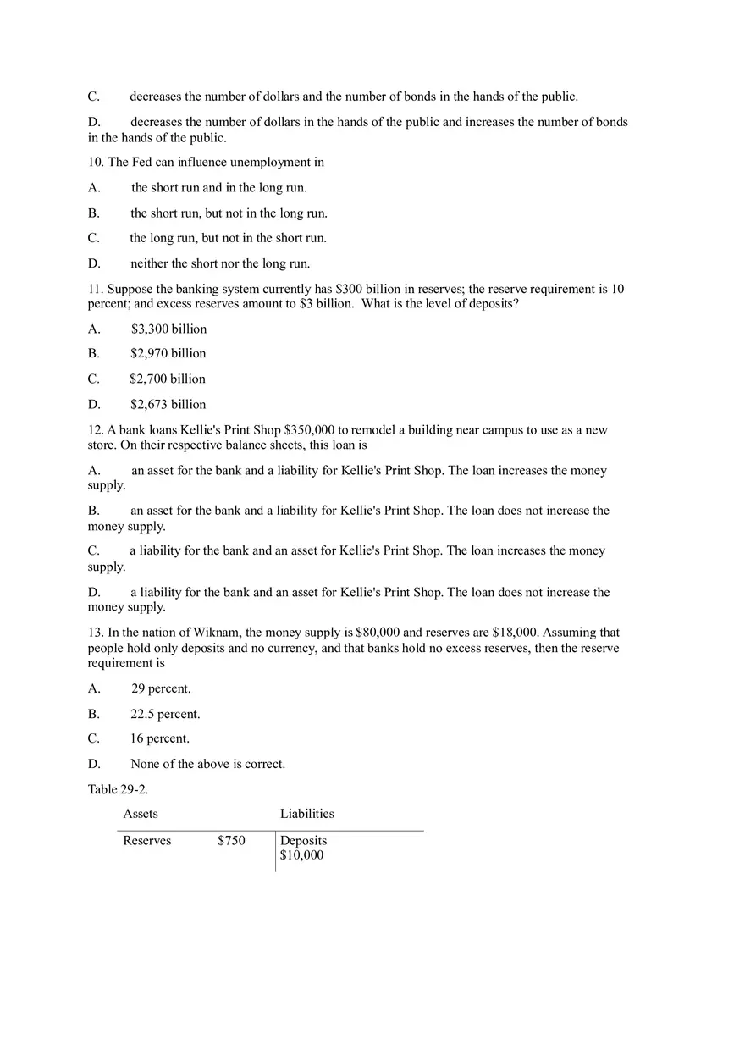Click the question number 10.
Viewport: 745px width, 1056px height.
click(x=95, y=162)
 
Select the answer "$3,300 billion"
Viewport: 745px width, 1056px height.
click(x=168, y=329)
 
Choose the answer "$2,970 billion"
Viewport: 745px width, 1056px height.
click(x=168, y=353)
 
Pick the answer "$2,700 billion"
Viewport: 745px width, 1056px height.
click(x=168, y=379)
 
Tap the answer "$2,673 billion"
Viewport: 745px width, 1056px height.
click(x=168, y=404)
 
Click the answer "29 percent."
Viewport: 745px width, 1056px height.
click(x=161, y=688)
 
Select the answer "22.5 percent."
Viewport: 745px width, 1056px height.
click(x=165, y=714)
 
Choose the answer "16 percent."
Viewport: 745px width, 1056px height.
click(x=160, y=738)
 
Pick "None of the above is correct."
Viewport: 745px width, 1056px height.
click(x=207, y=764)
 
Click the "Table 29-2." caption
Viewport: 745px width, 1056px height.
click(x=118, y=789)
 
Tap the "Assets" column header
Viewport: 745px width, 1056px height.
click(x=141, y=814)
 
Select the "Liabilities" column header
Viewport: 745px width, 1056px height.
click(x=306, y=814)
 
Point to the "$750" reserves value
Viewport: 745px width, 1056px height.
click(x=231, y=841)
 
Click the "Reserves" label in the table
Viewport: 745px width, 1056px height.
click(x=147, y=841)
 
